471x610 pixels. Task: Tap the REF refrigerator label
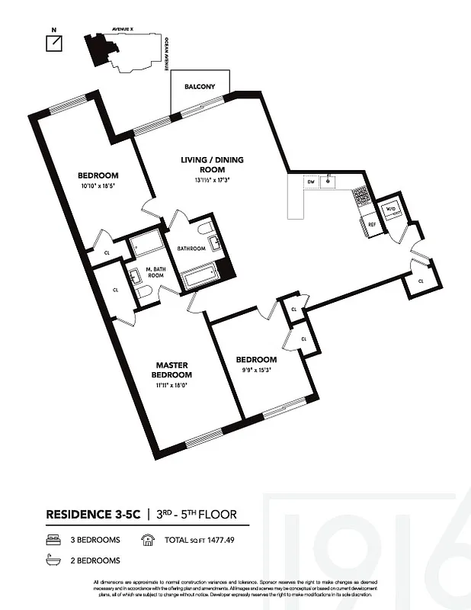pyautogui.click(x=373, y=225)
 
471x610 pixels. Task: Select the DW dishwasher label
pyautogui.click(x=311, y=182)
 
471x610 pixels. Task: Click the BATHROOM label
pyautogui.click(x=191, y=248)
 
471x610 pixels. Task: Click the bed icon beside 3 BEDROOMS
pyautogui.click(x=52, y=540)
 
